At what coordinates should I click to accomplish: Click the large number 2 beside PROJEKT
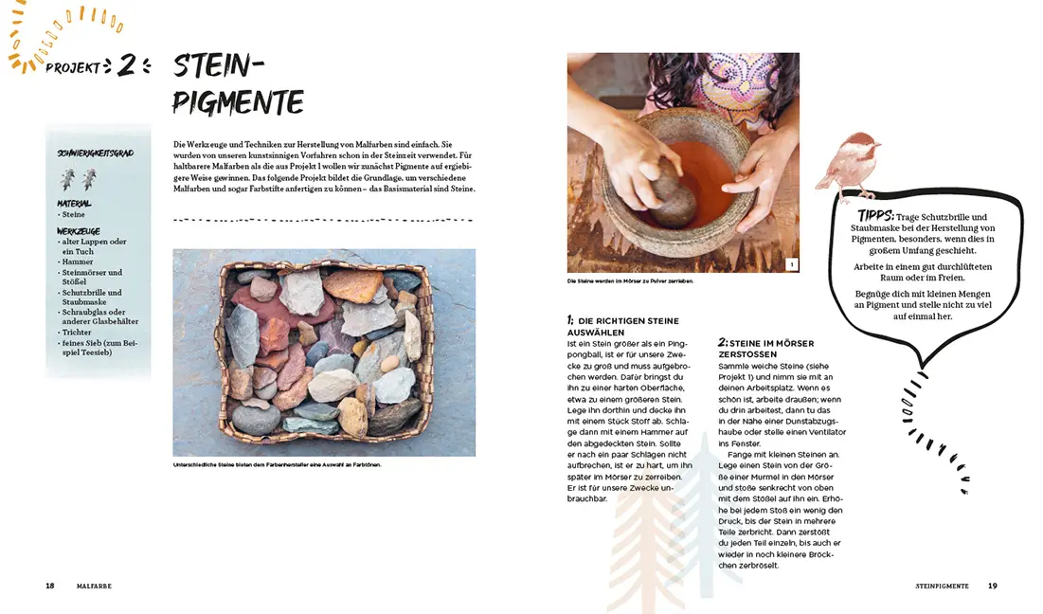coord(127,66)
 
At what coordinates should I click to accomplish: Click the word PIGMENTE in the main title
coord(238,101)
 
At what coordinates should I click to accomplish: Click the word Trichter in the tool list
coord(79,333)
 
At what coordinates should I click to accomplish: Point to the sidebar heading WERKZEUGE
coord(79,231)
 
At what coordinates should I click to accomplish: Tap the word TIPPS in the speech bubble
coord(876,216)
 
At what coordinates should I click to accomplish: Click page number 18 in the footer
coord(49,586)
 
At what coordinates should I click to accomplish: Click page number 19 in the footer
coord(992,586)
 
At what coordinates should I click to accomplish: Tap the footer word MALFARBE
coord(94,586)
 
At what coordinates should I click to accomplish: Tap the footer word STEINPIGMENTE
coord(942,586)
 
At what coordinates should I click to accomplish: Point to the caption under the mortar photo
coord(630,281)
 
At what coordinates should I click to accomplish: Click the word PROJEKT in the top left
coord(72,67)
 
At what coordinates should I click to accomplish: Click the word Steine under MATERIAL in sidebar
coord(74,215)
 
